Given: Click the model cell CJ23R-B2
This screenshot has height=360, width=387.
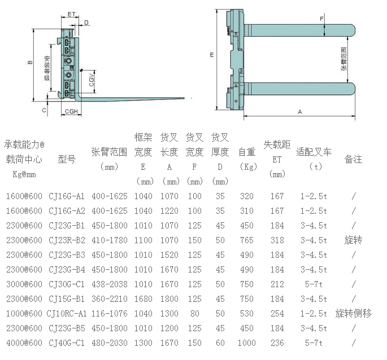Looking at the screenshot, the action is click(x=67, y=240).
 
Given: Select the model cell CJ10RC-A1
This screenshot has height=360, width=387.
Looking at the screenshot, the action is click(x=67, y=314).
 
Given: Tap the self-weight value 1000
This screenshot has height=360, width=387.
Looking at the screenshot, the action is click(x=246, y=343).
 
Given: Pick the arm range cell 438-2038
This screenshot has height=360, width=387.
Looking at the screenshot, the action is click(x=110, y=284).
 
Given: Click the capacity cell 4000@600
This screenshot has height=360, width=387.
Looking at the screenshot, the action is click(x=24, y=343).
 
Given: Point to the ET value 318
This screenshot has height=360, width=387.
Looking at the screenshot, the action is click(x=277, y=240).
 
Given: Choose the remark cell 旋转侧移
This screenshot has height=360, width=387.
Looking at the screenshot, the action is click(x=353, y=314).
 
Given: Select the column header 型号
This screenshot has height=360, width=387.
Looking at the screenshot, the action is click(x=67, y=159).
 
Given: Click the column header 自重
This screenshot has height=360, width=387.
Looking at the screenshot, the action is click(x=247, y=152).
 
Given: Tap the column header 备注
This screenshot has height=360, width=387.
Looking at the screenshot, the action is click(x=353, y=159).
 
